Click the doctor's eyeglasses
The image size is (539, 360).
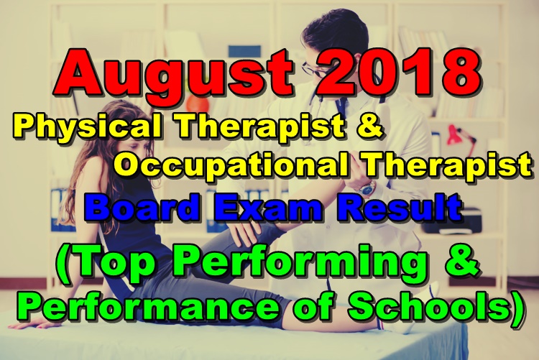[x=316, y=68]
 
